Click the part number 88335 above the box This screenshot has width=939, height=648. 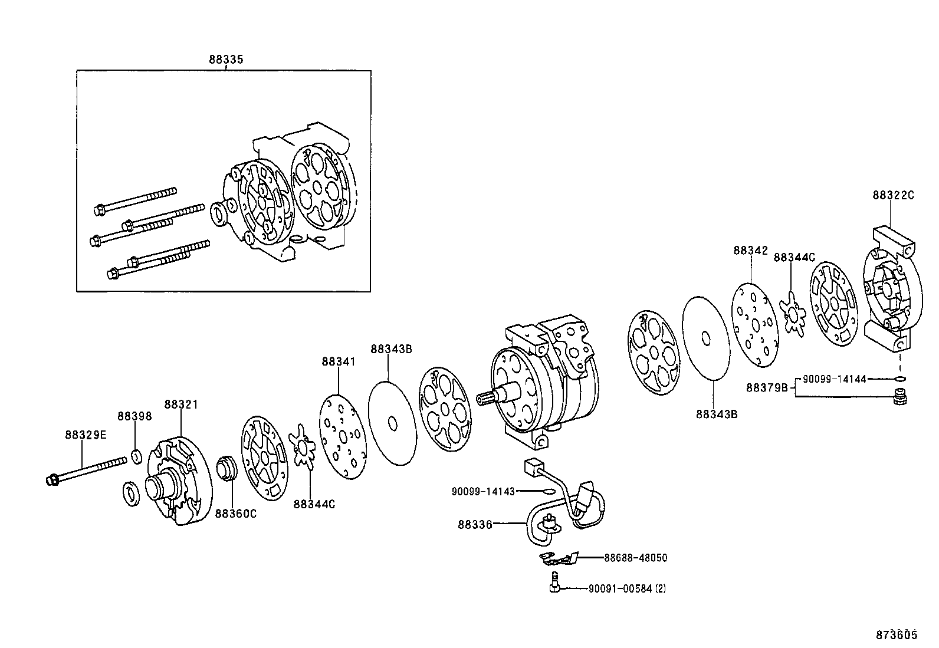(226, 60)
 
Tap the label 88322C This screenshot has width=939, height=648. (894, 195)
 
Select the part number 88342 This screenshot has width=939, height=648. (750, 250)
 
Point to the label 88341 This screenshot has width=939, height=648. (339, 361)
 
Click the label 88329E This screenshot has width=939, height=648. (86, 435)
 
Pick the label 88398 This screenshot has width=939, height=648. (134, 416)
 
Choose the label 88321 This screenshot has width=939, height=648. (181, 404)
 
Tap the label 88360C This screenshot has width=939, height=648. (235, 514)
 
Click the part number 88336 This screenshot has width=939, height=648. (475, 524)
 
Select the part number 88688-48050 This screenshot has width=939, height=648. (635, 558)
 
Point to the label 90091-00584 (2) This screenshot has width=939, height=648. (627, 589)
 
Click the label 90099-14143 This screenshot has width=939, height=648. (483, 491)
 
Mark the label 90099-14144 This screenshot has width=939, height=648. (834, 379)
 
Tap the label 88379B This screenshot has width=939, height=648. (767, 388)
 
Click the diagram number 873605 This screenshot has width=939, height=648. (897, 634)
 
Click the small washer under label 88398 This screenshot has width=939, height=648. (137, 456)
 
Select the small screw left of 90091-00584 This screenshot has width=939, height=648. (554, 582)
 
